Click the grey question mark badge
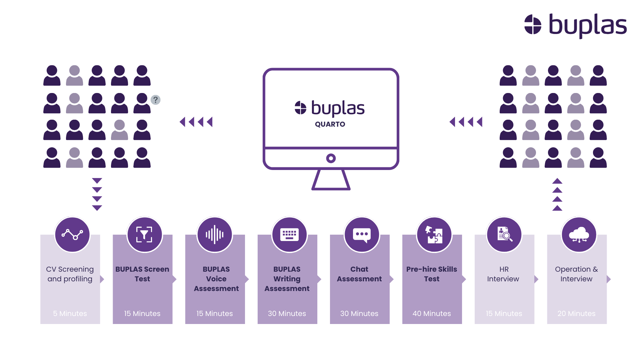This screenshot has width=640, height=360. (155, 100)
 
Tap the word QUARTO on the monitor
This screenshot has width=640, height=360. (330, 124)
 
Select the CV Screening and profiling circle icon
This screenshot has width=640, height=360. (72, 234)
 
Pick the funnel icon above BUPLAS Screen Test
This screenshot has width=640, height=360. (144, 234)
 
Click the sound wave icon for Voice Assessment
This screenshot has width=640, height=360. (215, 234)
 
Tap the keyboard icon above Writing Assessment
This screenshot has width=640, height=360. (289, 234)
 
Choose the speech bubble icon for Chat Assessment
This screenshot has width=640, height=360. (362, 234)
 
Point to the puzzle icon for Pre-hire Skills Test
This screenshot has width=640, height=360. (434, 234)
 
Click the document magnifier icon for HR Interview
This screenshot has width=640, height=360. (504, 234)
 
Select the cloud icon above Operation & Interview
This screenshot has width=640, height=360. (579, 234)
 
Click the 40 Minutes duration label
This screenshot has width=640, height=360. (432, 313)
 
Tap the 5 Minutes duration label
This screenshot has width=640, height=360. (70, 313)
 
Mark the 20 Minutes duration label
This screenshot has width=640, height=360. (576, 313)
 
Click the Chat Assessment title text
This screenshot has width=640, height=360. (359, 274)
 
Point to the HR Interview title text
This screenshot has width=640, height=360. (503, 274)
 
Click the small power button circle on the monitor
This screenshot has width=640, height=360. (331, 158)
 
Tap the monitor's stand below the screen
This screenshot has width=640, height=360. (331, 180)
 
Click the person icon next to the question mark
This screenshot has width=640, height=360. (142, 103)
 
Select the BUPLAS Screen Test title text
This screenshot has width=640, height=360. (142, 274)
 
